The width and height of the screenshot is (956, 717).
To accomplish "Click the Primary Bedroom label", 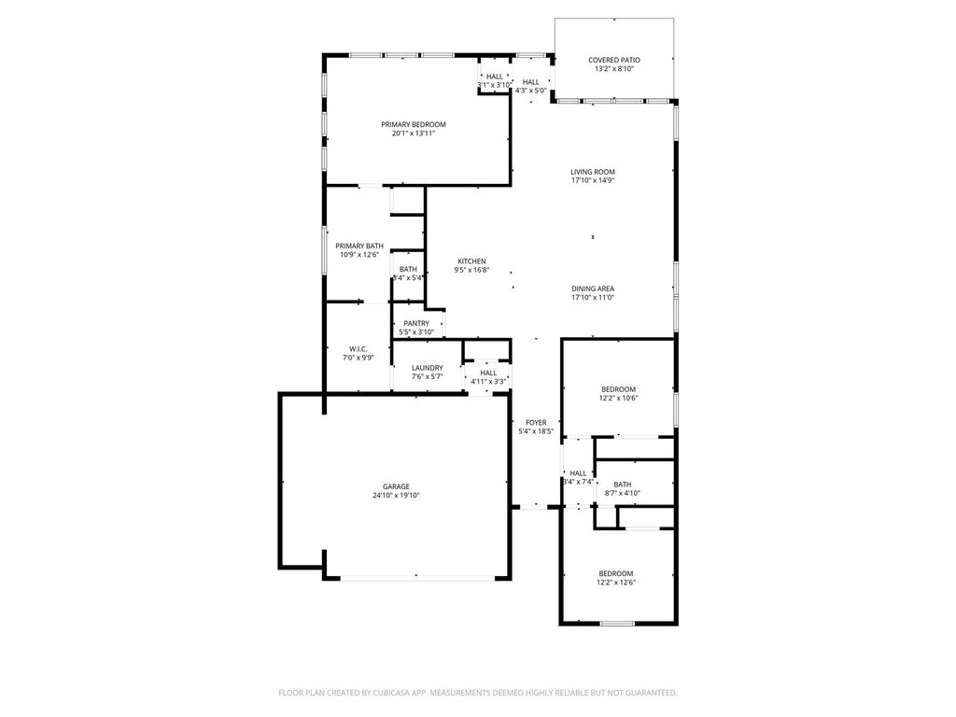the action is point(414,124).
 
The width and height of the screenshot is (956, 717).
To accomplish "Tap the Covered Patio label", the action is point(614,60).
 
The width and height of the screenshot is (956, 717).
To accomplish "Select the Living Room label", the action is point(593,172).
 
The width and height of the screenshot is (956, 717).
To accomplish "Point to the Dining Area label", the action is point(593,289).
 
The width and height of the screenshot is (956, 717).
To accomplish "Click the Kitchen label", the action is point(471,261).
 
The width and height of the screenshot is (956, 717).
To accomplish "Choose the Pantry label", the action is point(416,324).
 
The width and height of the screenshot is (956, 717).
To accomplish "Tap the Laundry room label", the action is point(428,368).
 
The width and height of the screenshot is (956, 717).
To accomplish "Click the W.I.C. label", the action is point(358,349).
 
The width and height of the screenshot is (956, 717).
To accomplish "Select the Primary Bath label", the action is point(359,246).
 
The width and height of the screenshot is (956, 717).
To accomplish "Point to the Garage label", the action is point(396,486).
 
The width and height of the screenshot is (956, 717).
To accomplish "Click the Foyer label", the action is point(536,423).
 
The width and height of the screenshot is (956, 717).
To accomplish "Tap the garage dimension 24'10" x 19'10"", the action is point(396,495).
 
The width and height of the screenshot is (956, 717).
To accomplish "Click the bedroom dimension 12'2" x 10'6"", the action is point(618,398).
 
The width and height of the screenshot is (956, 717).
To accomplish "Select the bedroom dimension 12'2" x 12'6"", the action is point(616,583).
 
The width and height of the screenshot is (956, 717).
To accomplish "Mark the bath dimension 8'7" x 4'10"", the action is point(623,493).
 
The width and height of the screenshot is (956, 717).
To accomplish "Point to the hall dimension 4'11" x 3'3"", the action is point(488,382).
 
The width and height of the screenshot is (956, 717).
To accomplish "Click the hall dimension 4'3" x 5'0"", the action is point(531,91).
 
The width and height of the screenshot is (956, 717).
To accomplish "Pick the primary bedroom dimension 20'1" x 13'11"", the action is point(414,133).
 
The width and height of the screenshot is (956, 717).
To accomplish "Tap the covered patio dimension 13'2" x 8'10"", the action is point(614,69).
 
